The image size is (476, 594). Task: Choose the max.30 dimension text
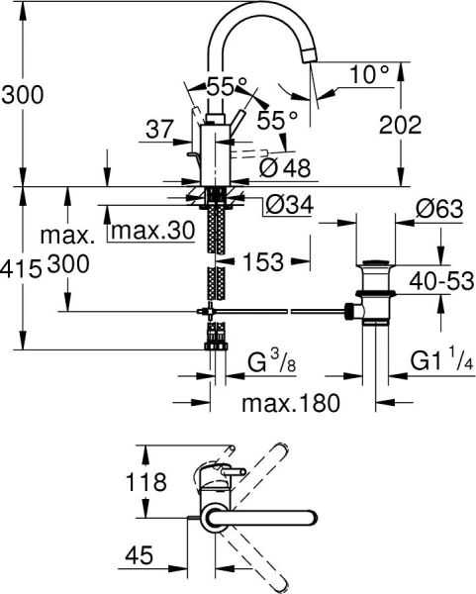click(x=151, y=232)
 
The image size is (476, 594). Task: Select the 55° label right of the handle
click(x=278, y=120)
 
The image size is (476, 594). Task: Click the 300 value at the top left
click(x=22, y=96)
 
